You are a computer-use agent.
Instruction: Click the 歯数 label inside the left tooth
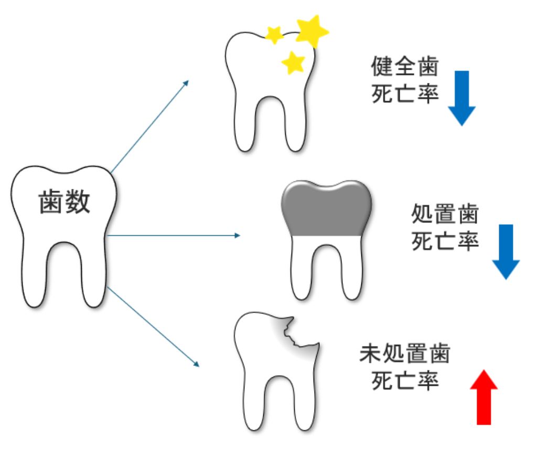pos(65,202)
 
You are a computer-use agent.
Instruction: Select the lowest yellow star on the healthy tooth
pos(293,62)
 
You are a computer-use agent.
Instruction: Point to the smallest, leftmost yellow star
pos(274,35)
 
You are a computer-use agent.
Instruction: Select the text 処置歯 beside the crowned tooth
pos(445,215)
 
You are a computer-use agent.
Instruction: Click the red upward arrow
pos(484,396)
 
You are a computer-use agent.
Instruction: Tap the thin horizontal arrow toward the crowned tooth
pos(173,235)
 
